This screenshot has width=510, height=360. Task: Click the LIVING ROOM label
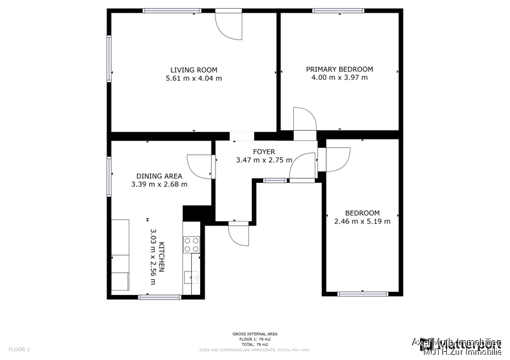[194, 70]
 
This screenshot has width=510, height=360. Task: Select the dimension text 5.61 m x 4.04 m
[194, 78]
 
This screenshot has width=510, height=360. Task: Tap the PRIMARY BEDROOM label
[339, 69]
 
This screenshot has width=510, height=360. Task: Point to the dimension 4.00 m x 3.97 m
[339, 78]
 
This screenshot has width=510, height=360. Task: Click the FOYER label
[264, 152]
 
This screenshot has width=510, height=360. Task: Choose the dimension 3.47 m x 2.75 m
[264, 160]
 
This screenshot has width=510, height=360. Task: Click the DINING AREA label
[159, 176]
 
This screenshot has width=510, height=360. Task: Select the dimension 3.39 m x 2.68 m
[159, 185]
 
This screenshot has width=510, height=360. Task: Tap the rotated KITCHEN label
[162, 257]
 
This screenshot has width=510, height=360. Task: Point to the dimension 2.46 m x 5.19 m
[362, 221]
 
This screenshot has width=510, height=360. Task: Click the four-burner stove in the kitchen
[192, 244]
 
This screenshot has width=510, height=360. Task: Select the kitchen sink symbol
[191, 277]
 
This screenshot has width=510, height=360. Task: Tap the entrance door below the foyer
[238, 235]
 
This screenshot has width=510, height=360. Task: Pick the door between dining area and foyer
[200, 165]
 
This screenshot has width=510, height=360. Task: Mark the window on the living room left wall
[109, 59]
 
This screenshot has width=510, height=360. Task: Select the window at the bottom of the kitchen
[159, 297]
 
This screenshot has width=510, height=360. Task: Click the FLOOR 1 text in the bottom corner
[19, 349]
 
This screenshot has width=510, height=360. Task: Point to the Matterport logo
[469, 347]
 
